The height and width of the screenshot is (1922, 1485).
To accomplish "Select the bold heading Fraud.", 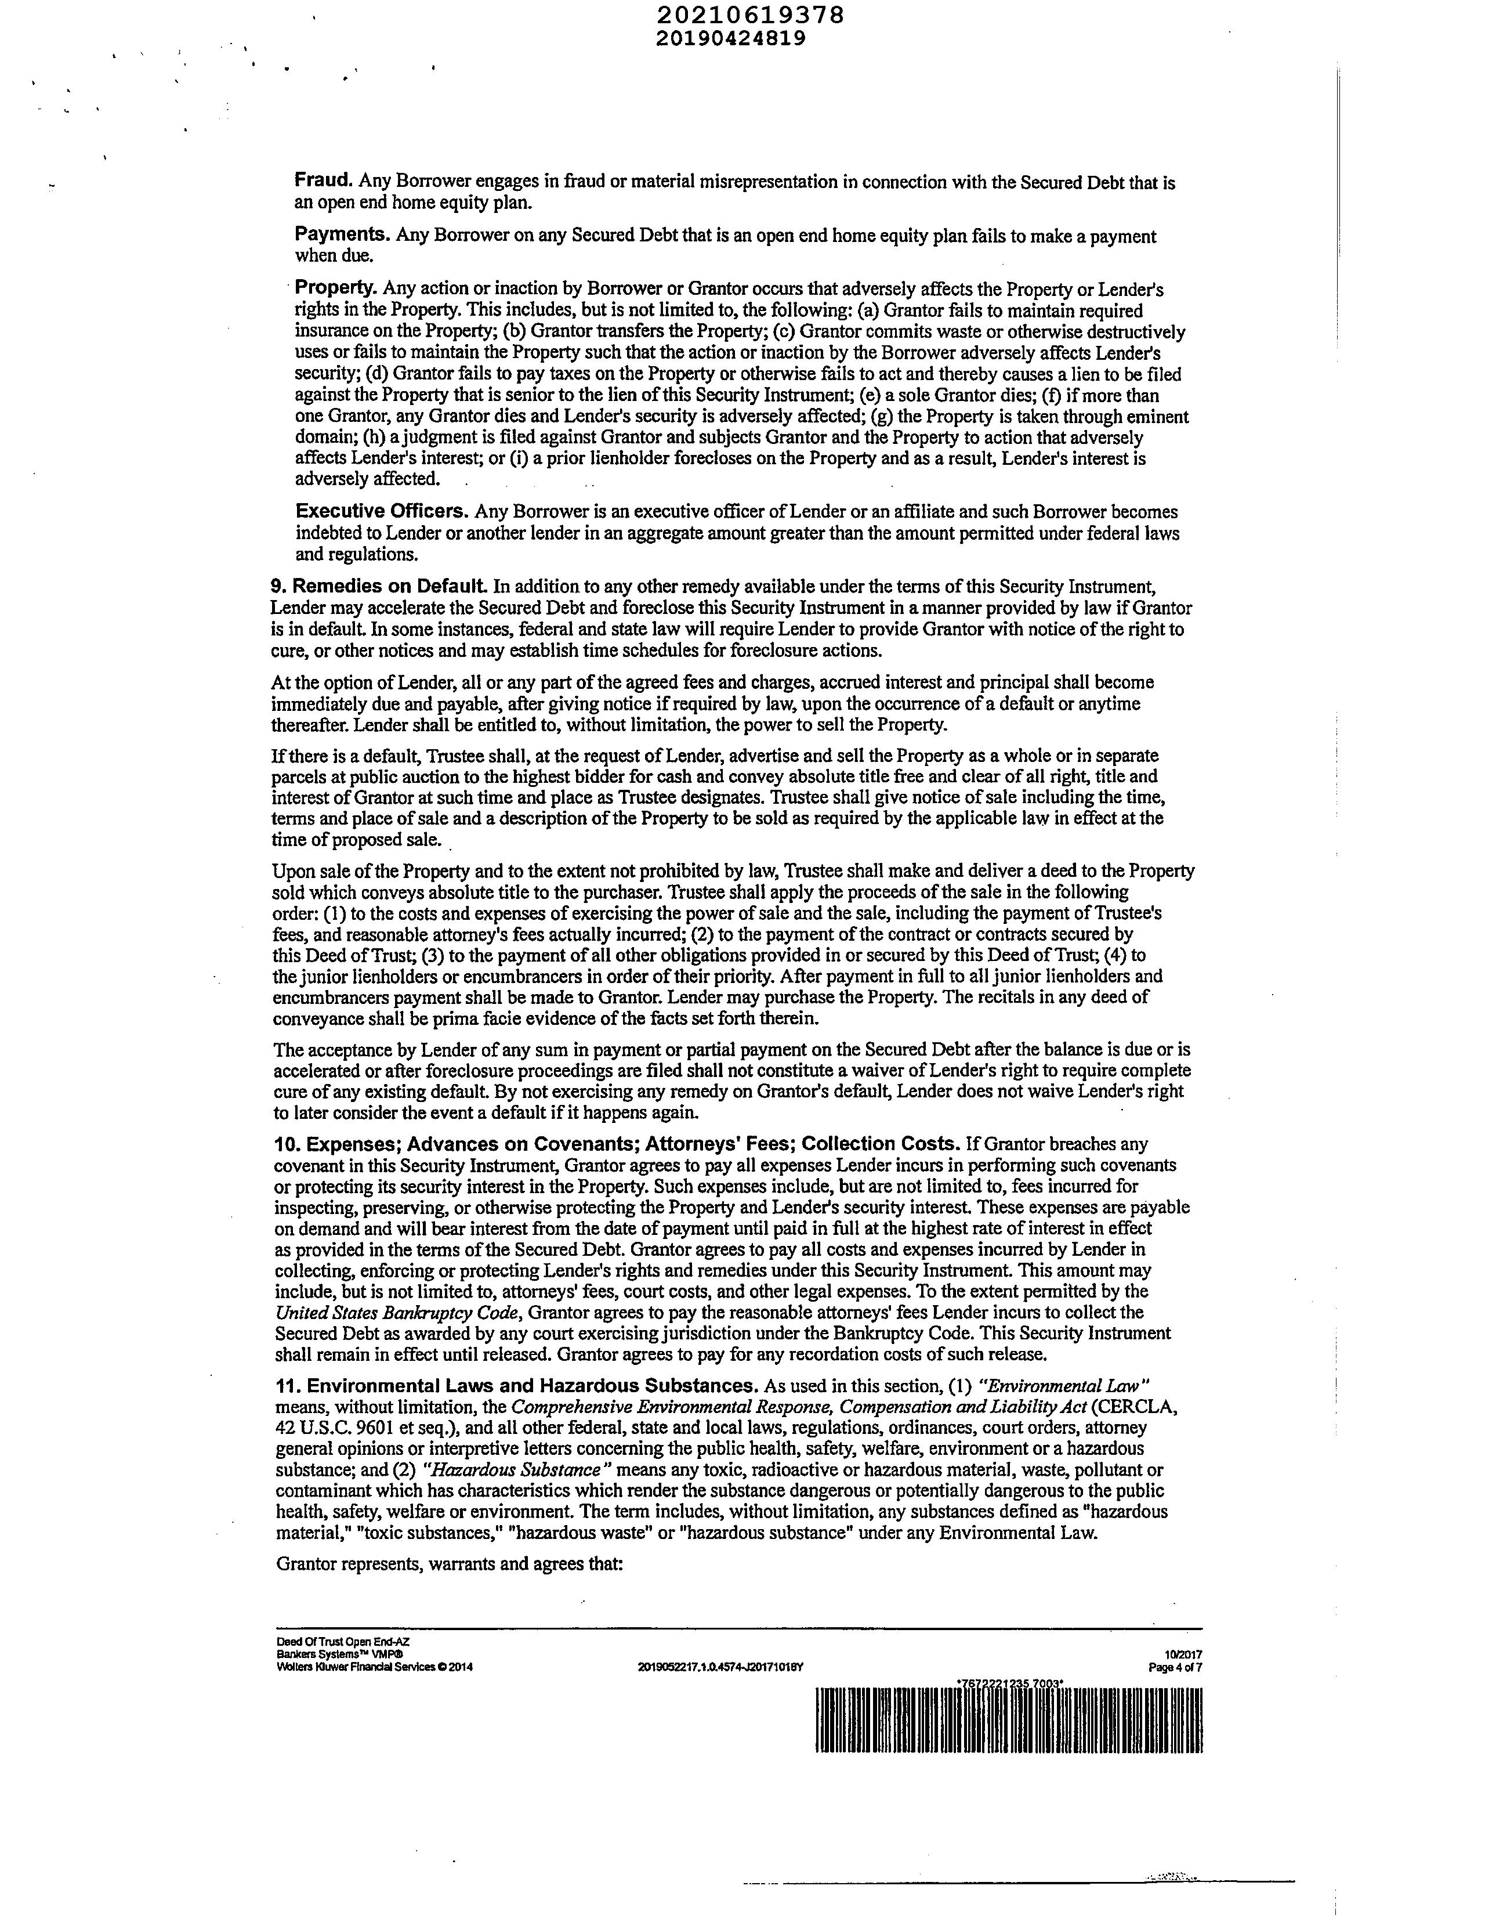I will (x=324, y=180).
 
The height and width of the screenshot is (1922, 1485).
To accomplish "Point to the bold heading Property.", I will (x=336, y=288).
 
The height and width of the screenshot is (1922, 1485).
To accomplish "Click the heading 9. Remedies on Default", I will (x=378, y=586).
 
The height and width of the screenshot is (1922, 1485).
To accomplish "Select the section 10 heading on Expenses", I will (x=617, y=1143).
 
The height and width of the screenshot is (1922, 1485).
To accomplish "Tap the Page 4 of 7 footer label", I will (x=1175, y=1668).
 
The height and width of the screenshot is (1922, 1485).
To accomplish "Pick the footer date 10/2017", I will (x=1185, y=1656).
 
